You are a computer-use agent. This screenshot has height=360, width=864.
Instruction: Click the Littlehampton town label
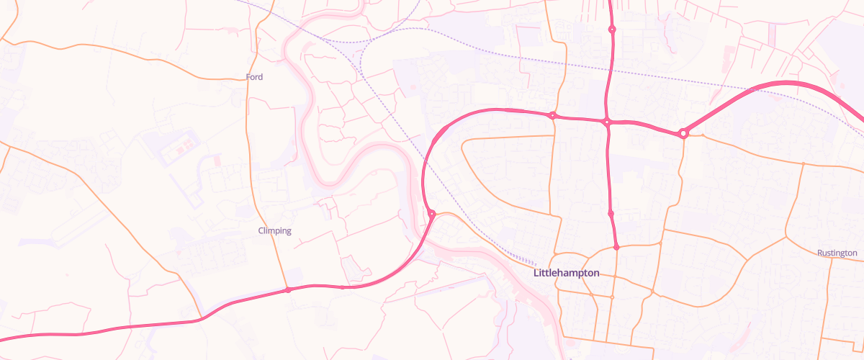coord(566,274)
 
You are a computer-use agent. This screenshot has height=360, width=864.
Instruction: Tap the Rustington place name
coord(837,253)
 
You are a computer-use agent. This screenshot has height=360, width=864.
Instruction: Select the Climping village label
coord(274,230)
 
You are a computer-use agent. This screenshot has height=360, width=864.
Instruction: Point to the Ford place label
coord(254,77)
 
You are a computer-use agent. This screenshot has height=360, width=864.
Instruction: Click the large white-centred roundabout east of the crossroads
coord(683,132)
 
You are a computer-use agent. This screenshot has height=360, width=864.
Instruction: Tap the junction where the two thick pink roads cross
coord(607,122)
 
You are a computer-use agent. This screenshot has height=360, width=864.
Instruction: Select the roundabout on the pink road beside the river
coord(431,214)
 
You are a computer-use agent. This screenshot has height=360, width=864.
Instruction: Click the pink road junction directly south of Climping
coord(288,290)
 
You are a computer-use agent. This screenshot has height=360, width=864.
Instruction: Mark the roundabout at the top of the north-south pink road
coord(612,30)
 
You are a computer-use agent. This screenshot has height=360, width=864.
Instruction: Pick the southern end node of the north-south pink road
coord(616,247)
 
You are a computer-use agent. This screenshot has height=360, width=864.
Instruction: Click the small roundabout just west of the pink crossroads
coord(552,115)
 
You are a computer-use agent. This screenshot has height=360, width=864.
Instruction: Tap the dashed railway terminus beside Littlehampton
coord(536,264)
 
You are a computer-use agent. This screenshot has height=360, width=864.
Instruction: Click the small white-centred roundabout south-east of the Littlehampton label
coord(612,297)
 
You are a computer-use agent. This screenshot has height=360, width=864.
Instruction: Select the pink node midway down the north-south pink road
coord(611,213)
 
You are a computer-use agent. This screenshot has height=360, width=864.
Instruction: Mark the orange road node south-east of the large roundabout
coord(803,164)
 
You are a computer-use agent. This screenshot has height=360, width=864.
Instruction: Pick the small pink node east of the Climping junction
coord(341,287)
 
